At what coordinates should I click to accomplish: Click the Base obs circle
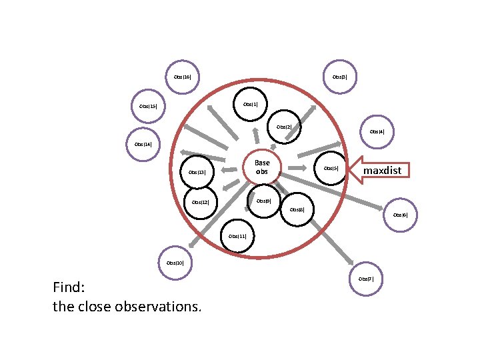(x=262, y=167)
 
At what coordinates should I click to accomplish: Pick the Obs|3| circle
(x=339, y=77)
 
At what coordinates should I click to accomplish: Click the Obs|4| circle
(x=377, y=132)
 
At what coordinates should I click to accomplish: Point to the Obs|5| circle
(x=331, y=168)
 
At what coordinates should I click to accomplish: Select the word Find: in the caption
(x=69, y=288)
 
